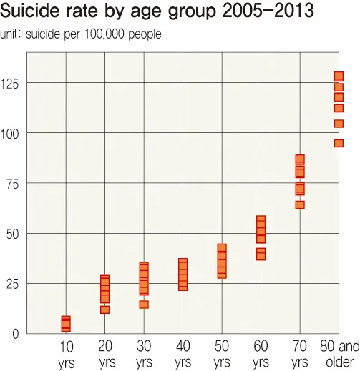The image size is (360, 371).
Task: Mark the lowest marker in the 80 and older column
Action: (x=339, y=143)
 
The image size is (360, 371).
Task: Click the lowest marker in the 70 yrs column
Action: (x=300, y=205)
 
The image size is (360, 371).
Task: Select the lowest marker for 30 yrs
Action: (x=144, y=305)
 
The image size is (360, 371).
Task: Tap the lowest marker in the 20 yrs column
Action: (x=105, y=310)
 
